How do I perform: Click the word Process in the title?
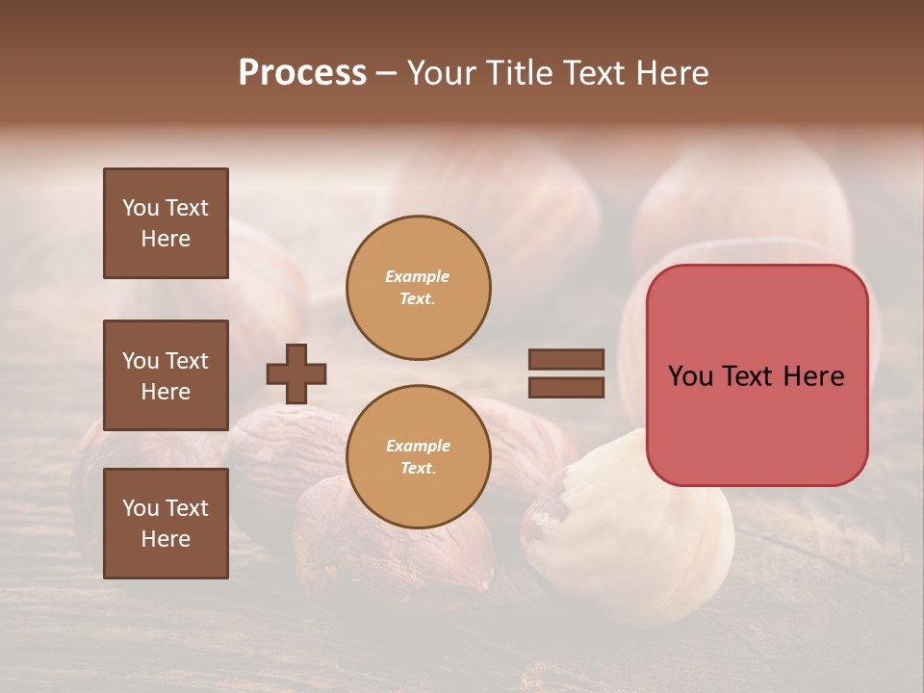point(302,72)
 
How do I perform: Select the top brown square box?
point(166,223)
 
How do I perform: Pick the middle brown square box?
point(166,375)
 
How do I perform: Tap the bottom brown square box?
point(166,524)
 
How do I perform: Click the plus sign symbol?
point(296,373)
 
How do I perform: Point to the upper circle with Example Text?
point(419,288)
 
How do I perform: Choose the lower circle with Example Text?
point(419,457)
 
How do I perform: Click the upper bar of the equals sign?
point(566,359)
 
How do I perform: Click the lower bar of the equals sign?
point(566,388)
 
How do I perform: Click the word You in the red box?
point(691,376)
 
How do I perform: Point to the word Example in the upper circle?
point(418,276)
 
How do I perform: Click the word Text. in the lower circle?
point(418,469)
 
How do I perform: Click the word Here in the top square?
point(166,239)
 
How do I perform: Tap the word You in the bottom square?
point(141,508)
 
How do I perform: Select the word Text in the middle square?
point(186,361)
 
